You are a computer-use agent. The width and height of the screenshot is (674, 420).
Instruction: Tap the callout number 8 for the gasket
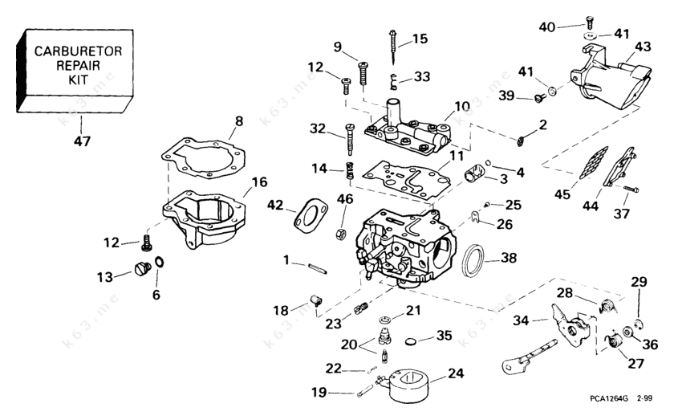(x=238, y=123)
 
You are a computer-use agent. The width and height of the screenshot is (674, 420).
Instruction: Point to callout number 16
(x=258, y=182)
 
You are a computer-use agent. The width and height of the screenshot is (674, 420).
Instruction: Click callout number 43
(x=641, y=47)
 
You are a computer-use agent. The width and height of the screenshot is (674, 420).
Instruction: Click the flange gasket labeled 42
(x=307, y=214)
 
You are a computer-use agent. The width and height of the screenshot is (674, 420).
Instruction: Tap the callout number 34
(x=521, y=321)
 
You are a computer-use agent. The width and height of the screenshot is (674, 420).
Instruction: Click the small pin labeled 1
(x=313, y=266)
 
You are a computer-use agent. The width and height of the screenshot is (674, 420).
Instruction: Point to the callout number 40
(x=546, y=27)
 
